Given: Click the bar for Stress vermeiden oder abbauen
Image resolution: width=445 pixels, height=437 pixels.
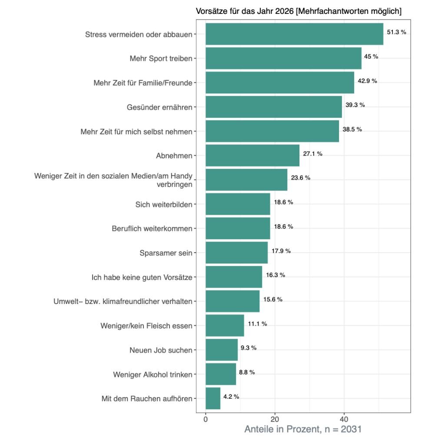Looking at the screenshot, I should point(294,34).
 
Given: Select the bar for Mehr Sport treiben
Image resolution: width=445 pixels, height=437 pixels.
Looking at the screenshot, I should point(283,58).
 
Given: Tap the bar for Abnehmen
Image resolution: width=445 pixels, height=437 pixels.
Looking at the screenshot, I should point(252,155).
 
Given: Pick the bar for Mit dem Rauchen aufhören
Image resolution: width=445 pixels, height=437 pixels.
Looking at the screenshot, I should point(213,398).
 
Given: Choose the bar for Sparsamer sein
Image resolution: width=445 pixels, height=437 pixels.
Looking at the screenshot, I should point(236,253).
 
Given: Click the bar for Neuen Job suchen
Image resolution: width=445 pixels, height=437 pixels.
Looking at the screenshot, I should point(222,350).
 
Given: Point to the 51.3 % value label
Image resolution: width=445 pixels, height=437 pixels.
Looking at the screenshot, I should point(396,32).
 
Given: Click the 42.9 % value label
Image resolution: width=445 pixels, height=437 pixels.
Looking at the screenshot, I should point(367,81).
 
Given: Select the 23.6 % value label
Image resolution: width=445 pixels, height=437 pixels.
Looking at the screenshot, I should point(300,178).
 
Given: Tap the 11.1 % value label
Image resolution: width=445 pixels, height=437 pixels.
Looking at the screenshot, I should point(257,324).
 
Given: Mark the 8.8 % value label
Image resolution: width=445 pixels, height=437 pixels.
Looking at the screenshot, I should point(247,372).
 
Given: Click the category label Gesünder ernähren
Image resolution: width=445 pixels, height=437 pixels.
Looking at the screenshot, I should point(159,107).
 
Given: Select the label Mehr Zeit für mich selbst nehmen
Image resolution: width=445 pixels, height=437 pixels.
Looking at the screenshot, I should point(136,131).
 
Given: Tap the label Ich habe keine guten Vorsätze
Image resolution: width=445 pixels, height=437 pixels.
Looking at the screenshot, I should point(142,277).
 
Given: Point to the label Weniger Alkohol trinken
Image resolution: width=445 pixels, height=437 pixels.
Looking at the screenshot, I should point(153,374).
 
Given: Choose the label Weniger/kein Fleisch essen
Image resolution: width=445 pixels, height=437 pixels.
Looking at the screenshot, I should point(146,326).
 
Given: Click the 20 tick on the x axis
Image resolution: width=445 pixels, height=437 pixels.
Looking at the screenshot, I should point(275,420).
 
